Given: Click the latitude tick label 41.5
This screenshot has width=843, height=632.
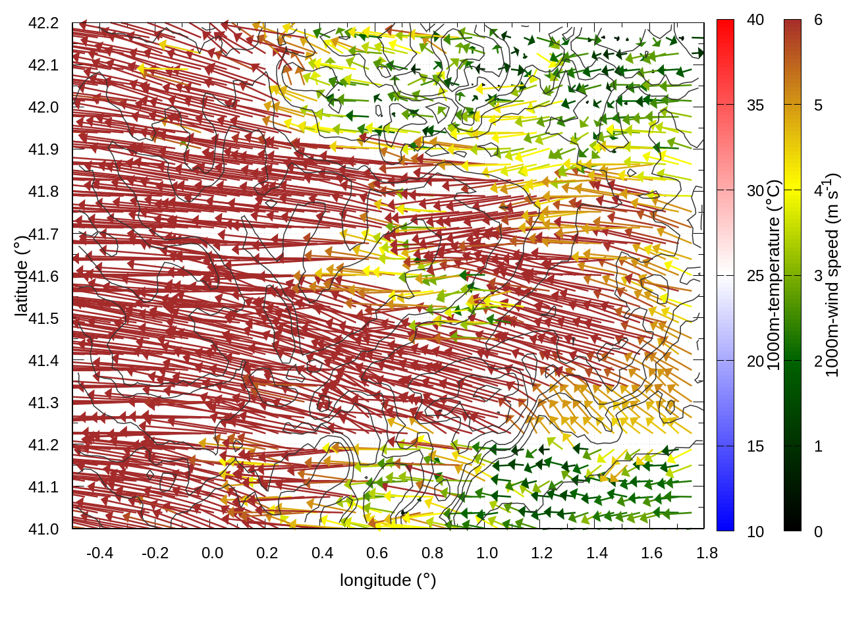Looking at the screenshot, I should [x=43, y=319].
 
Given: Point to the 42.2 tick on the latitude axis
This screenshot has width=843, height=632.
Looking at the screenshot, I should [x=43, y=23].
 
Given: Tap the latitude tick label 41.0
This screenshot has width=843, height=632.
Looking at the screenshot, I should [x=43, y=529].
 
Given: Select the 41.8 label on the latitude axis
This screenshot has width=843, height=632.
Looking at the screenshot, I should [x=43, y=192].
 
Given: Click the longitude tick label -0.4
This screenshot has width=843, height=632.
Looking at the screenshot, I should [x=99, y=553].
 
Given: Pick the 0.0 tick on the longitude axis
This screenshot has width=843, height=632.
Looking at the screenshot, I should [x=212, y=553].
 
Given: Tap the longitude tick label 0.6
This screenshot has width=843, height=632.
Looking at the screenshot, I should [x=377, y=553].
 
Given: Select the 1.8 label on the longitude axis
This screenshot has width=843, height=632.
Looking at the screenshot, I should [x=707, y=553].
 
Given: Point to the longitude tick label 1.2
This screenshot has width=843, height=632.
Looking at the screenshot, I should [x=542, y=553].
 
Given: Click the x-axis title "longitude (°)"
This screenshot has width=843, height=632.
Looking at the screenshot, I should [x=388, y=580].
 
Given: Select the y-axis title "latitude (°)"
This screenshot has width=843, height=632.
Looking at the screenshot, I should [x=21, y=276].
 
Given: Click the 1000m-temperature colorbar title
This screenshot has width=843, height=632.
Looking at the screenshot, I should [x=773, y=276].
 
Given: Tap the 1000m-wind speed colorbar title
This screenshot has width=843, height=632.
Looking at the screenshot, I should [x=832, y=275].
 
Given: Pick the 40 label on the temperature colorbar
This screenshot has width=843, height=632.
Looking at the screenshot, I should [x=755, y=20].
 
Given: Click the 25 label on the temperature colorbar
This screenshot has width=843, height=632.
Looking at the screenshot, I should [x=755, y=276].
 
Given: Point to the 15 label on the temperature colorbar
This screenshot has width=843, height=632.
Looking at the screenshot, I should [x=755, y=446].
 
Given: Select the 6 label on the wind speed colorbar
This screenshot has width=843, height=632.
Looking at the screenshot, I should [x=818, y=20].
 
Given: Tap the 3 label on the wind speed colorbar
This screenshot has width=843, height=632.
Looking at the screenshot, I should [x=818, y=276].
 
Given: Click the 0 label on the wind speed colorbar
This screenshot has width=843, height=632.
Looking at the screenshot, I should [x=818, y=531].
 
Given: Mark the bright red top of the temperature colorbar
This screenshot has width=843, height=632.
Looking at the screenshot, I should [x=725, y=26].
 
